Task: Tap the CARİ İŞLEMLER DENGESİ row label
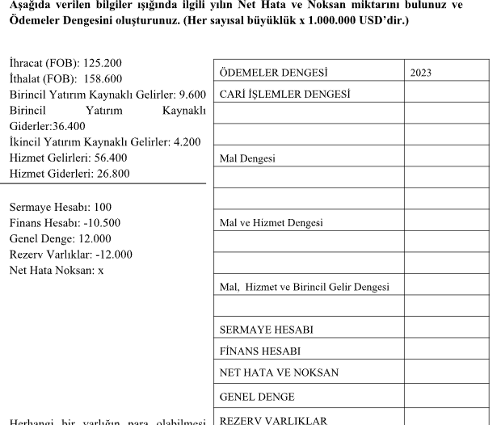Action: [284, 94]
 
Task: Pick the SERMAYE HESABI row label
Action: [266, 330]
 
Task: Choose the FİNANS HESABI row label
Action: [259, 351]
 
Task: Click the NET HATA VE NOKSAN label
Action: [279, 373]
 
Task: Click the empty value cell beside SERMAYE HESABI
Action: [446, 330]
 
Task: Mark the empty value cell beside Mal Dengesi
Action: [446, 158]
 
